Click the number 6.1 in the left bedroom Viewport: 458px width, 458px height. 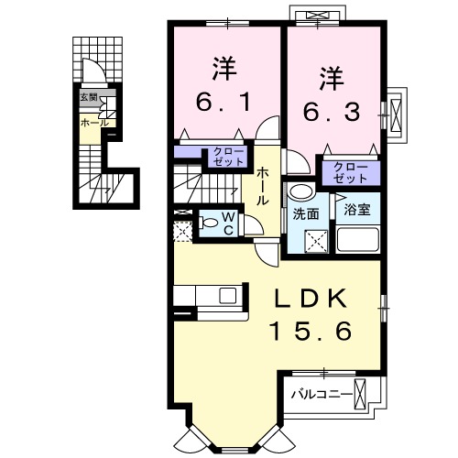[222, 96]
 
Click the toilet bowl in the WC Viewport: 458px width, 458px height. [205, 222]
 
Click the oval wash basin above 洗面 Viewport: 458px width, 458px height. [299, 193]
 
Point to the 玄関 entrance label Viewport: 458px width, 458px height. [88, 97]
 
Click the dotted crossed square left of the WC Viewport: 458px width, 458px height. [182, 232]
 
